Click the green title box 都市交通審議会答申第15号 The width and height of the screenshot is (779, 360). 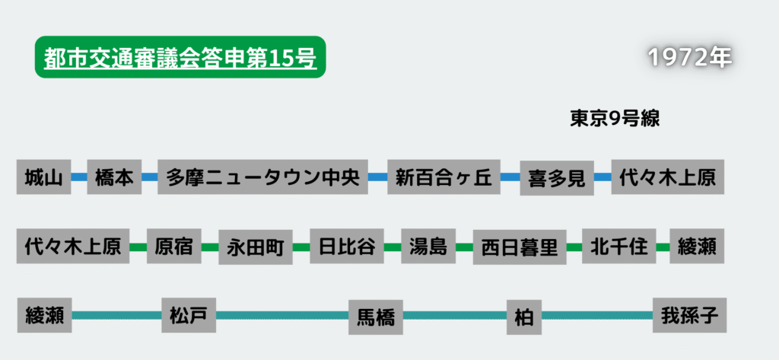180,58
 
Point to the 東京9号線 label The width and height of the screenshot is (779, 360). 614,119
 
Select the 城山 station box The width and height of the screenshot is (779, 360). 43,177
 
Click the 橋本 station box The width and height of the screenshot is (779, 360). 114,177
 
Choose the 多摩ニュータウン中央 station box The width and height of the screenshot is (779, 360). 262,177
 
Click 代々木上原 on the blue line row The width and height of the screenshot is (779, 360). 667,177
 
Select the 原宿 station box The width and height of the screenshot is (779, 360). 173,246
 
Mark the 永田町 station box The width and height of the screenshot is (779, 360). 255,247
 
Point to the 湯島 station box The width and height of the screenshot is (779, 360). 428,246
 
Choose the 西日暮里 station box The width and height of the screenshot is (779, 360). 520,247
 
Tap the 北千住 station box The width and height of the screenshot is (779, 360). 618,246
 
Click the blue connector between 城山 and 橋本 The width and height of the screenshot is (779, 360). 78,177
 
